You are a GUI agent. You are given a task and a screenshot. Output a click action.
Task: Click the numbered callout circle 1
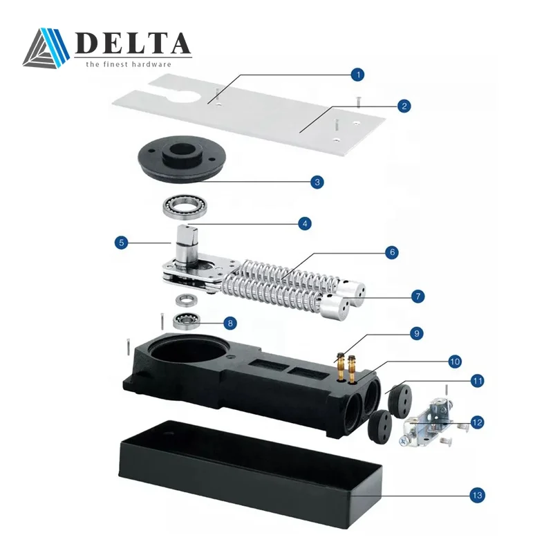click(357, 73)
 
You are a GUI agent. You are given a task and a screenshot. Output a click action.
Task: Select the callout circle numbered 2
click(404, 106)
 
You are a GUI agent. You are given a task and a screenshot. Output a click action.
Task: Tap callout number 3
click(317, 182)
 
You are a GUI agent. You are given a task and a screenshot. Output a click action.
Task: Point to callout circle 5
click(122, 243)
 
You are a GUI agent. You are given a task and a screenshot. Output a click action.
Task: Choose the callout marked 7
click(417, 296)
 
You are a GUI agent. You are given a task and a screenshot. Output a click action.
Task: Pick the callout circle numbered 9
click(416, 333)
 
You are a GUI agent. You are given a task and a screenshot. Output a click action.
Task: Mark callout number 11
click(476, 381)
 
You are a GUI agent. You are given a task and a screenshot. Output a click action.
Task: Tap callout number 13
click(476, 495)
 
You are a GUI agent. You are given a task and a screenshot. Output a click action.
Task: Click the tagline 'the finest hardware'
click(128, 64)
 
